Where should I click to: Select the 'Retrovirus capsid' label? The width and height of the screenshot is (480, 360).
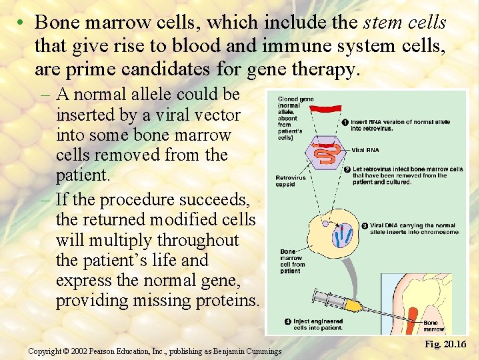290,181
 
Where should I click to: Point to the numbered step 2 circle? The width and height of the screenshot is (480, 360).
347,169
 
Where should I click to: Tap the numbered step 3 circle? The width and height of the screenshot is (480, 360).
365,226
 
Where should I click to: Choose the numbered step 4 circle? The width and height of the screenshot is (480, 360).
287,322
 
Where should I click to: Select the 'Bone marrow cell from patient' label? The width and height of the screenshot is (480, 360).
291,261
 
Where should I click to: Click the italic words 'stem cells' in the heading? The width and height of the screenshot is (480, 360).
405,23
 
